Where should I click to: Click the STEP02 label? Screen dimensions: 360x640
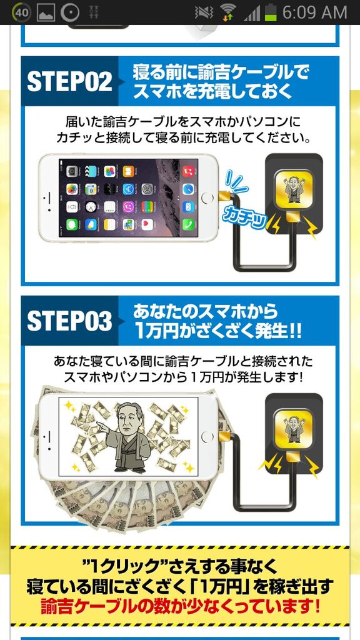pyautogui.click(x=69, y=82)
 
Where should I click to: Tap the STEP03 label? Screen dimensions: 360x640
pyautogui.click(x=69, y=321)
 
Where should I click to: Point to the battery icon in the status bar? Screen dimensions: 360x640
pyautogui.click(x=270, y=12)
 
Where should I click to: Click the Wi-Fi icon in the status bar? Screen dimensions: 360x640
pyautogui.click(x=229, y=12)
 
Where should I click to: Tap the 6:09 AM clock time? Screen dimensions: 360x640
pyautogui.click(x=315, y=12)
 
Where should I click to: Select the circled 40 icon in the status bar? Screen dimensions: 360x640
pyautogui.click(x=22, y=12)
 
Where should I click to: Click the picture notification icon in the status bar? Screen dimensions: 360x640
pyautogui.click(x=46, y=12)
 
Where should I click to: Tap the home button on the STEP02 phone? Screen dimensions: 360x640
pyautogui.click(x=207, y=198)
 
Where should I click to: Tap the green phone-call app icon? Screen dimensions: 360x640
pyautogui.click(x=188, y=224)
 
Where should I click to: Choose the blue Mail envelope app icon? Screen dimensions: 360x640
pyautogui.click(x=188, y=206)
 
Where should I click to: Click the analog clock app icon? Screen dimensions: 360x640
pyautogui.click(x=91, y=206)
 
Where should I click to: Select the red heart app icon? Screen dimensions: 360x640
pyautogui.click(x=147, y=224)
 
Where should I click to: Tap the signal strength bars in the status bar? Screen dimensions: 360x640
pyautogui.click(x=252, y=14)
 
